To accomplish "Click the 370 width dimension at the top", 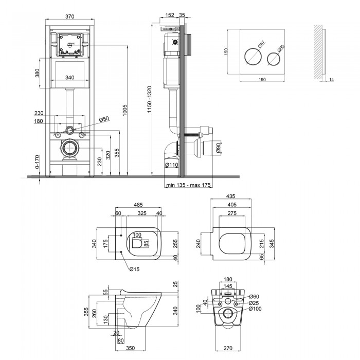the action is [70, 16].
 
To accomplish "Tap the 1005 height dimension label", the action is [124, 110].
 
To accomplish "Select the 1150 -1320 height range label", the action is [150, 99].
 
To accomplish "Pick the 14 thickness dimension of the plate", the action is [331, 80].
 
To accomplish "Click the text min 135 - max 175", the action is [188, 185].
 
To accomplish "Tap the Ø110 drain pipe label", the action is [172, 165].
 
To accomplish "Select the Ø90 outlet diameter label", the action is [218, 148].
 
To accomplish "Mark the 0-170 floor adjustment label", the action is [38, 162].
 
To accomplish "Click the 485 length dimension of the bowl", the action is [138, 205].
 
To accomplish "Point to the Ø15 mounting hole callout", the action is [134, 269].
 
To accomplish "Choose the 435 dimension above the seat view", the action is [231, 196].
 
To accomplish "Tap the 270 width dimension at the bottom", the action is [228, 348].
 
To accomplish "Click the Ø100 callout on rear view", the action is [255, 309].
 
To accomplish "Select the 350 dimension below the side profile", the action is [131, 348].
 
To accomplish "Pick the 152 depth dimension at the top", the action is [170, 15].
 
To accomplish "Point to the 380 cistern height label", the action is [38, 73].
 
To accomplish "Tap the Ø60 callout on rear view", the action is [254, 297].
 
